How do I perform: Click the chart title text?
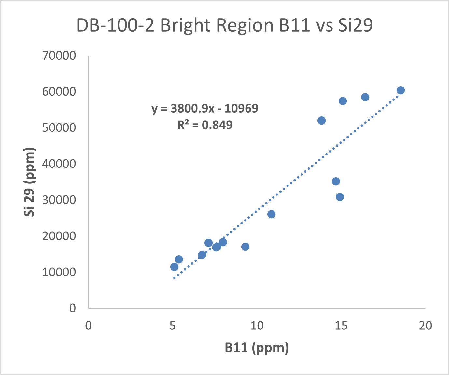[224, 25]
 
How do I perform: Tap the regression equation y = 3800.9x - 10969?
[205, 108]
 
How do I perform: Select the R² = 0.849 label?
[205, 125]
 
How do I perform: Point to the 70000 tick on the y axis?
[59, 56]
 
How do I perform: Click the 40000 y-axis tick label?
[59, 164]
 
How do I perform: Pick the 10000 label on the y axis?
[59, 272]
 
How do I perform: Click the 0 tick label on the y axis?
[72, 308]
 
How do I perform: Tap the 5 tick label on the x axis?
[173, 326]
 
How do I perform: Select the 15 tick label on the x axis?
[341, 326]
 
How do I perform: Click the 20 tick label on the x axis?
[425, 326]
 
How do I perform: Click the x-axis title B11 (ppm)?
[257, 348]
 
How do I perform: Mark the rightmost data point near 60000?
[400, 90]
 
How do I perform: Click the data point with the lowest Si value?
[175, 267]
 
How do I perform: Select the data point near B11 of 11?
[271, 214]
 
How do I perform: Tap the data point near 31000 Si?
[340, 197]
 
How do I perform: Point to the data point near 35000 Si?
[336, 181]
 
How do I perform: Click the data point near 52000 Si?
[321, 121]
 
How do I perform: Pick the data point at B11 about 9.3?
[245, 247]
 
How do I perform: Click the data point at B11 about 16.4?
[365, 97]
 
